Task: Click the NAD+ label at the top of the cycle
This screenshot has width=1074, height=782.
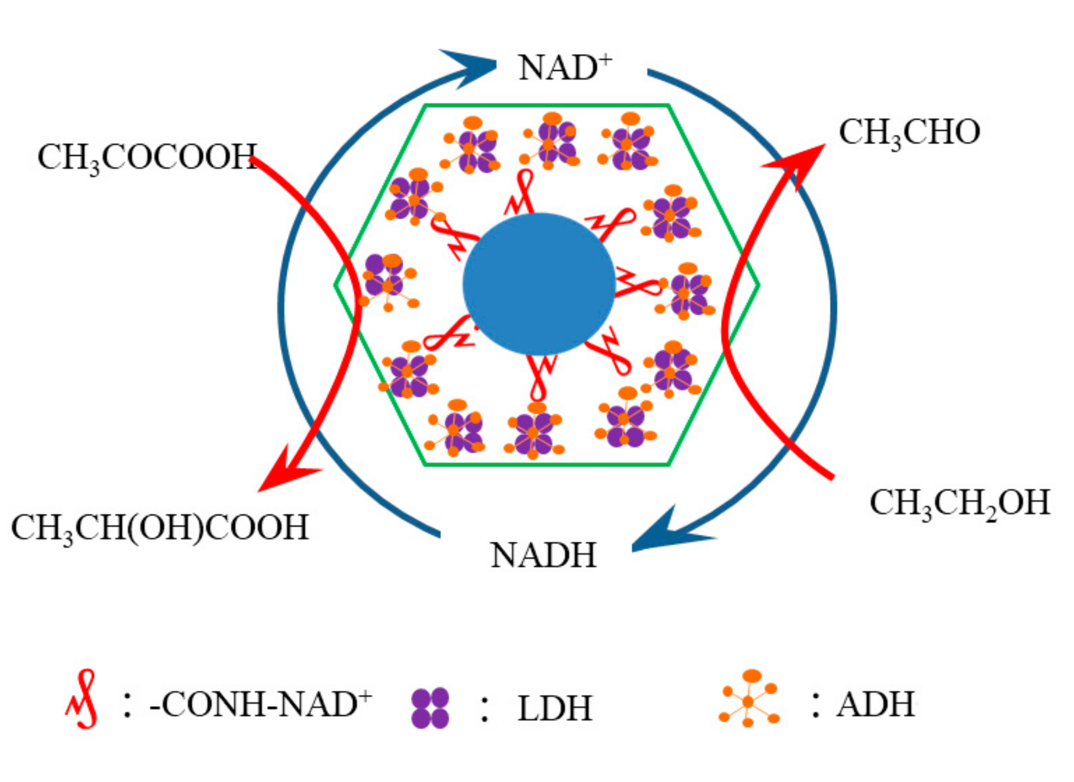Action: (565, 67)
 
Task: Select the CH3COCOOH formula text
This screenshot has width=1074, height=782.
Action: (147, 157)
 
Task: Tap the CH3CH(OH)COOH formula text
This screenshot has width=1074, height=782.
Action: (160, 527)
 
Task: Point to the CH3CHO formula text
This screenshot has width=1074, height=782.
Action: (909, 132)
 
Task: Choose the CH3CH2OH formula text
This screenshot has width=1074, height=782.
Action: (960, 503)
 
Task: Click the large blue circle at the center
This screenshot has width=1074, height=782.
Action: (539, 284)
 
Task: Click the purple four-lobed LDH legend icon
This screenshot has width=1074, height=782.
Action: (430, 708)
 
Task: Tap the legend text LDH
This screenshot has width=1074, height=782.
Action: (554, 709)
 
